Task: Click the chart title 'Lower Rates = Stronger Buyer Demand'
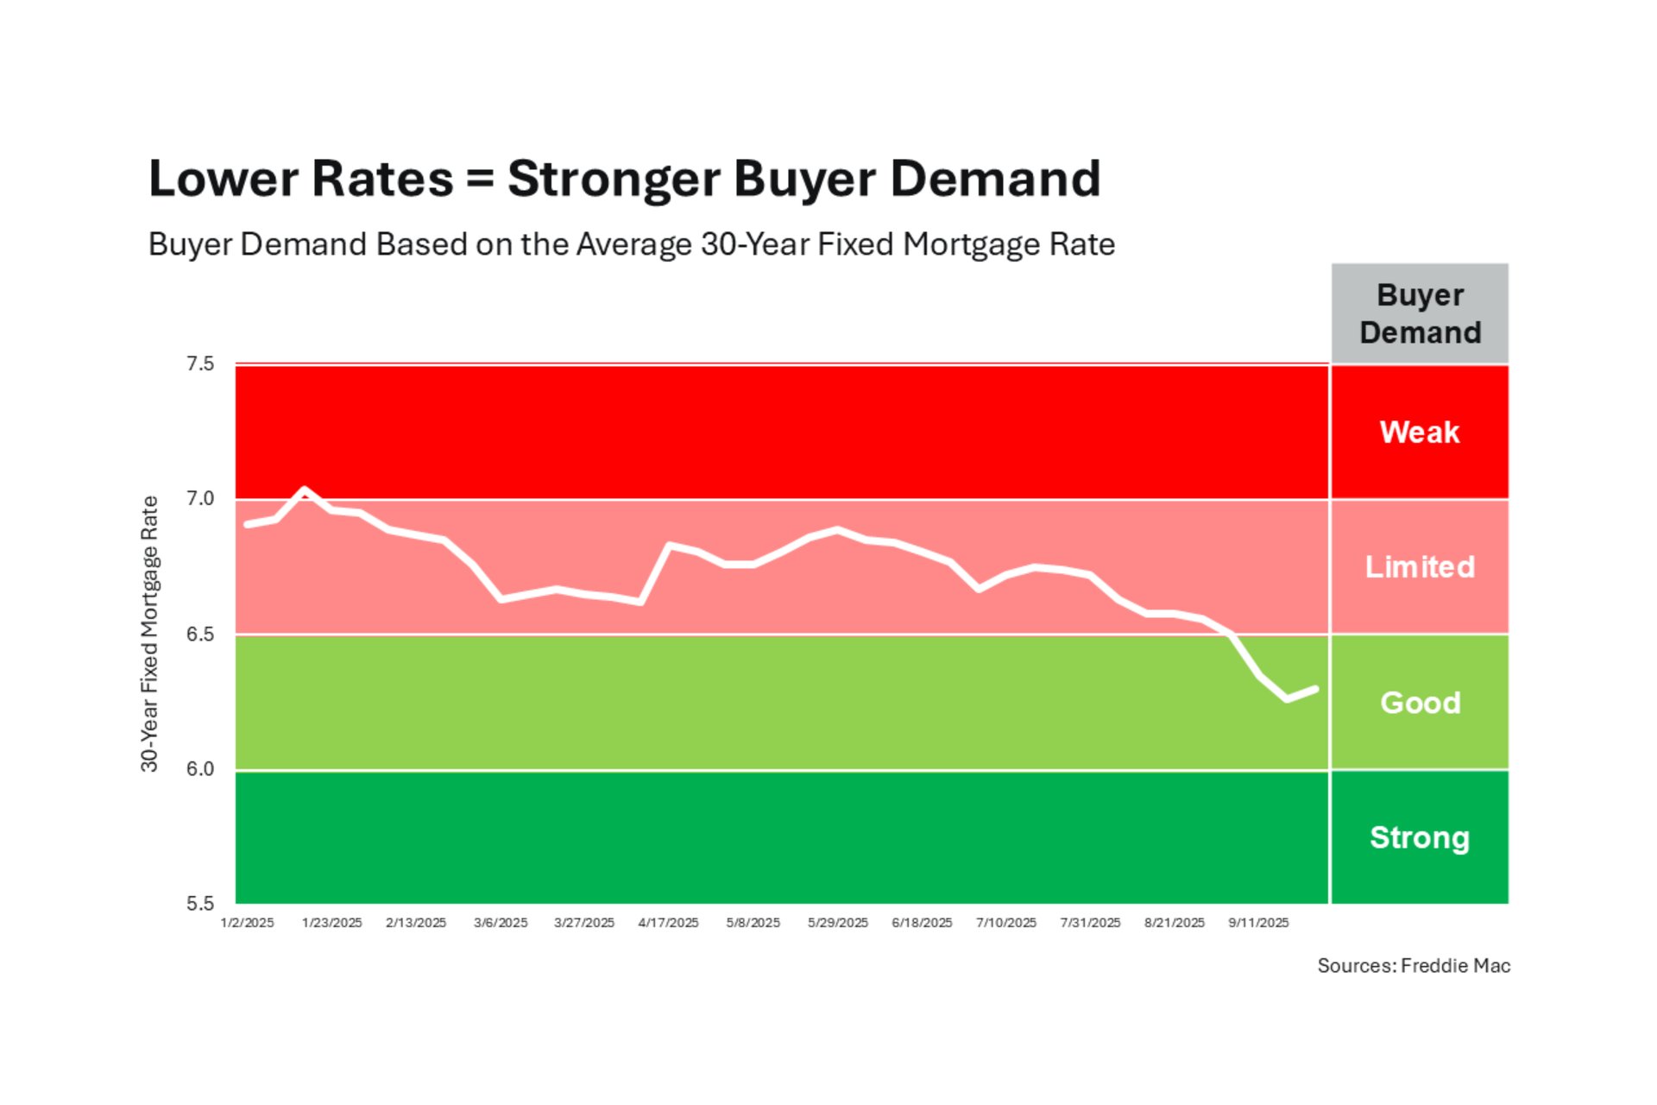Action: tap(624, 179)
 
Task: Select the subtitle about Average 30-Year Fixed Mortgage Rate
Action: tap(631, 244)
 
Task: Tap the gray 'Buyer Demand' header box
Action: tap(1420, 313)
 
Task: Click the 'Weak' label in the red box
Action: tap(1420, 432)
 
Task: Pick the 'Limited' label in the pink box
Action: tap(1420, 567)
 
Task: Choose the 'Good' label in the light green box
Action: tap(1420, 703)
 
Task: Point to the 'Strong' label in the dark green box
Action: tap(1420, 837)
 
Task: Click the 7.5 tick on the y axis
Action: tap(200, 364)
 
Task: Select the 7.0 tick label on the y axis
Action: tap(200, 499)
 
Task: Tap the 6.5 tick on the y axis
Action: tap(200, 635)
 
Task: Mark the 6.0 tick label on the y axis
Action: tap(200, 769)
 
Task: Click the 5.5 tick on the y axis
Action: tap(200, 904)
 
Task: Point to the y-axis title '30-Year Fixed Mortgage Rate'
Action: tap(149, 634)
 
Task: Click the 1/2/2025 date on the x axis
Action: tap(247, 923)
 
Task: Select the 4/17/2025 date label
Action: tap(668, 923)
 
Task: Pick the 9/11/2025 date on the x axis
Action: tap(1258, 923)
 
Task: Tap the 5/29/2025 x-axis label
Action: tap(837, 923)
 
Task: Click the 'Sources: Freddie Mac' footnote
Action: tap(1414, 966)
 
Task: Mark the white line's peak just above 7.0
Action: tap(304, 490)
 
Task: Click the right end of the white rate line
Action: tap(1315, 689)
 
